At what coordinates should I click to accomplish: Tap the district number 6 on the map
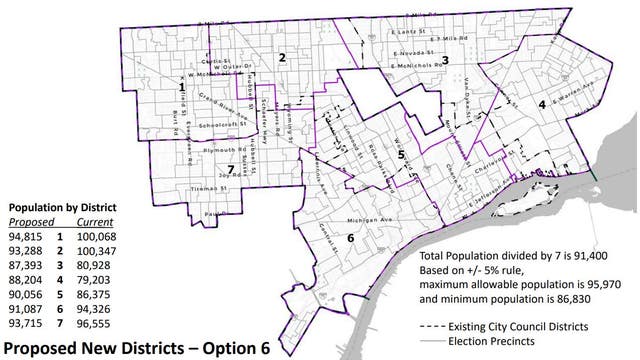coord(351,238)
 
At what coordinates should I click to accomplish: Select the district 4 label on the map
coord(541,104)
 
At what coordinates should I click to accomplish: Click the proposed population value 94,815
coord(29,236)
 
